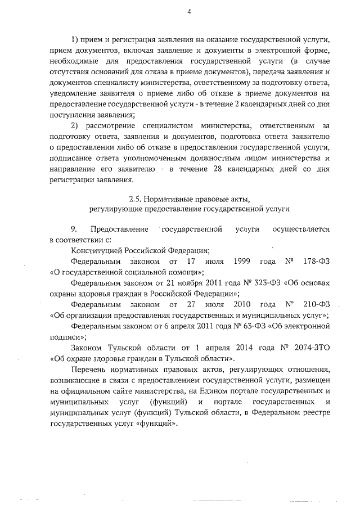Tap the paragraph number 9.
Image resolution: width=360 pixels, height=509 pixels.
point(74,229)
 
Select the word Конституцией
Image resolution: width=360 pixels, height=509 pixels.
point(96,251)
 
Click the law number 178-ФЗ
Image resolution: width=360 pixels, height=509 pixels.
point(316,262)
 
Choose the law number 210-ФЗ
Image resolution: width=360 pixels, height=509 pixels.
point(316,304)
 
